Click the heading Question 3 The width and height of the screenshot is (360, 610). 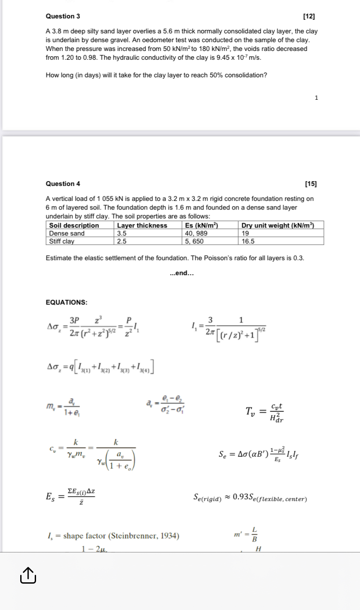click(63, 16)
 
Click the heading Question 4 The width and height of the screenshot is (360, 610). click(63, 184)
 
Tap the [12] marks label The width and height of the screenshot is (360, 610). click(309, 17)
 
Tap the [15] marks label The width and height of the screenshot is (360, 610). click(310, 184)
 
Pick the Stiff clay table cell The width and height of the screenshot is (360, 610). click(62, 241)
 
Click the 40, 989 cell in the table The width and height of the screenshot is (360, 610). click(196, 233)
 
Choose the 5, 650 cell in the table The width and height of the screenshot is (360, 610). click(194, 241)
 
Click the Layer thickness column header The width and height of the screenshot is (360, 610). click(142, 225)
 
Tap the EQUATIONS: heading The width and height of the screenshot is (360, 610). click(66, 302)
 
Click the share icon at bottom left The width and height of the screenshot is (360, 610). click(27, 575)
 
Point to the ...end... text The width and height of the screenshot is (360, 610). click(182, 273)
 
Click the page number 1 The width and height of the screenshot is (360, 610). click(316, 98)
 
